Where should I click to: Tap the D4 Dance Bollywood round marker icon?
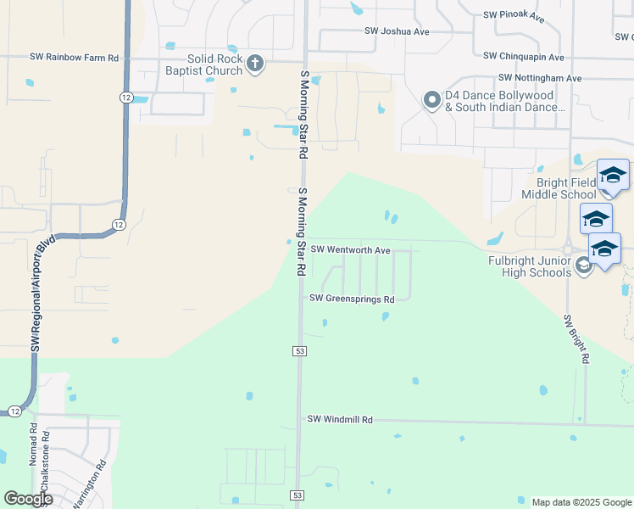[x=432, y=101]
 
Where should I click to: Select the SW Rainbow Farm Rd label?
[x=75, y=58]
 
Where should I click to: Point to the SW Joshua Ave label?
[x=398, y=31]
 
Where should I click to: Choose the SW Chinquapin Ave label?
[x=524, y=57]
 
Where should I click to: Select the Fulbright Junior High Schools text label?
[x=530, y=266]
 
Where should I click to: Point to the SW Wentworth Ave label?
[x=350, y=250]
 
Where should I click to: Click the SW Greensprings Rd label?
[x=352, y=299]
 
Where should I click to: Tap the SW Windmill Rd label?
[x=340, y=419]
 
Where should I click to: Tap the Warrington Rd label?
[x=88, y=484]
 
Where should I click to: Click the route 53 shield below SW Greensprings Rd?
[x=299, y=350]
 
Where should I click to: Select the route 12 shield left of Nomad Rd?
[x=15, y=411]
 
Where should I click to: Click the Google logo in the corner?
[x=29, y=499]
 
